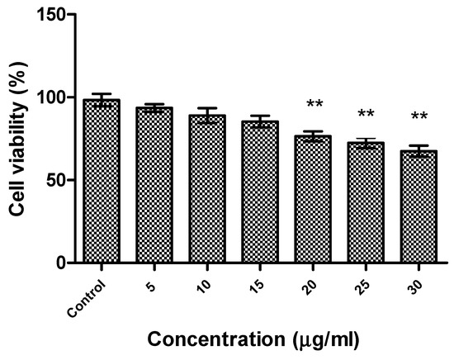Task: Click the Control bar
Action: point(102,182)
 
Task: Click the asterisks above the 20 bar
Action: point(314,105)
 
